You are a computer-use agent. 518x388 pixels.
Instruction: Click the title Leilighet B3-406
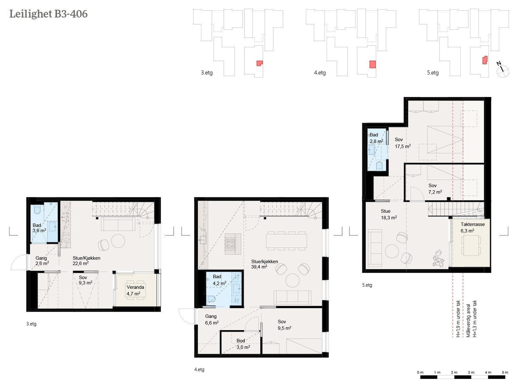tap(48, 14)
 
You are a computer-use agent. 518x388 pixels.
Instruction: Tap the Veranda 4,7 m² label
tap(135, 290)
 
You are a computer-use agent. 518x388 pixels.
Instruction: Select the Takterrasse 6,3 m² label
tap(472, 228)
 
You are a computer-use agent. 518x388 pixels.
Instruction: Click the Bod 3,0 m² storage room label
tap(243, 344)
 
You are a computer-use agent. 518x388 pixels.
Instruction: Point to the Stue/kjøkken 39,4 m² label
tap(264, 264)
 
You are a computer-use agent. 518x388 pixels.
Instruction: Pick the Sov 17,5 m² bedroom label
tap(403, 143)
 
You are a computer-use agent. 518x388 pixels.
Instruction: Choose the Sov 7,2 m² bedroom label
tap(435, 189)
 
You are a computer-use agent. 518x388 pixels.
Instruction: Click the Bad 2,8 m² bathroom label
tap(376, 138)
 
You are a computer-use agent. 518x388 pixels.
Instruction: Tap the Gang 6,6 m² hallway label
tap(212, 319)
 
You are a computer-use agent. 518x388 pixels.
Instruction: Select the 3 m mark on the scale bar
tap(471, 372)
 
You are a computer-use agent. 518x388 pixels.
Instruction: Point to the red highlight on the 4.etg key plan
tap(373, 64)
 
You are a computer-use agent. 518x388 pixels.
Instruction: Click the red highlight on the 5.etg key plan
tap(485, 60)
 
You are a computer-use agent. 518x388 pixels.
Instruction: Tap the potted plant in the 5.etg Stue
tap(438, 258)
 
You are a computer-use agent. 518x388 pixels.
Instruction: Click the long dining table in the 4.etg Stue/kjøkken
tap(287, 241)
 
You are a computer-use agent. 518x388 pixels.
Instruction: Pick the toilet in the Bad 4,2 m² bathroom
tap(211, 299)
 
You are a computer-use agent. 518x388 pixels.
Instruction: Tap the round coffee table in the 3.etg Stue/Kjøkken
tap(118, 241)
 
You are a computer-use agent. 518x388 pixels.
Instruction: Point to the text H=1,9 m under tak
tap(458, 318)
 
